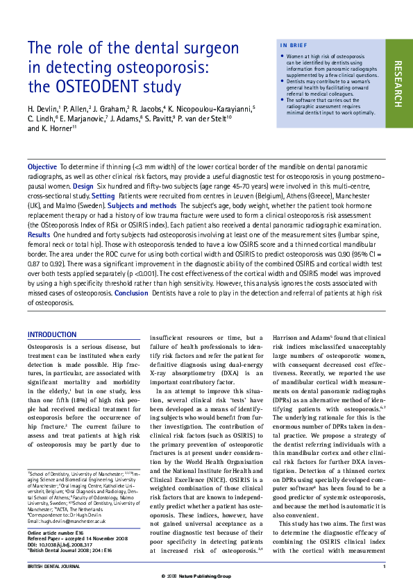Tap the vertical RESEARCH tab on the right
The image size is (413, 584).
[398, 83]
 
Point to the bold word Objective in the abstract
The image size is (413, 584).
[42, 167]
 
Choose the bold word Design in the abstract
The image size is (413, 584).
[83, 187]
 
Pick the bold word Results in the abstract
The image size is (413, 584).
[39, 235]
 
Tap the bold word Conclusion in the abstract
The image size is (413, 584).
[131, 293]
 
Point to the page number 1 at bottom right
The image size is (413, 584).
[384, 567]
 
